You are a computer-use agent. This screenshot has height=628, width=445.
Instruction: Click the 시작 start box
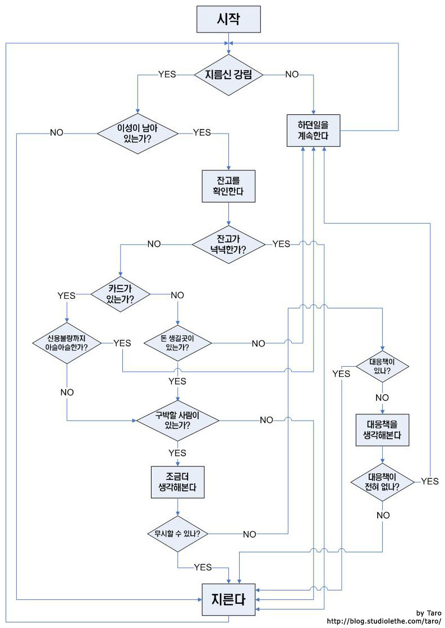pos(228,20)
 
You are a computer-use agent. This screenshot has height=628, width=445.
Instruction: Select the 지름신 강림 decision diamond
pos(228,75)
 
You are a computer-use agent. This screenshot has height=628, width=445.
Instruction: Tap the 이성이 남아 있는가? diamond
pos(137,133)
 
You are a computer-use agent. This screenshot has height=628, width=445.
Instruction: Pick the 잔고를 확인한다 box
pos(228,186)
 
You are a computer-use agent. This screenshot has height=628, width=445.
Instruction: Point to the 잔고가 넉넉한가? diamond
pos(228,244)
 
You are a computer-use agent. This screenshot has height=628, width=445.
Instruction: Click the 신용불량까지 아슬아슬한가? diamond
pos(67,343)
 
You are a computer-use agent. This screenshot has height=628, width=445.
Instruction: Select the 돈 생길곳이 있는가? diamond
pos(177,343)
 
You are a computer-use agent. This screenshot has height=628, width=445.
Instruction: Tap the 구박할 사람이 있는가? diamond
pos(178,421)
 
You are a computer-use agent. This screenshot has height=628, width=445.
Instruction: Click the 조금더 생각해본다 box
pos(177,482)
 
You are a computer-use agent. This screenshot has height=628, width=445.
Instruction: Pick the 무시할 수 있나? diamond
pos(177,533)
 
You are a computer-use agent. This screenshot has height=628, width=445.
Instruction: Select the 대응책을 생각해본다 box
pos(382,430)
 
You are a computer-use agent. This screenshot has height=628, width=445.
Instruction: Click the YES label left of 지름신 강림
pos(167,74)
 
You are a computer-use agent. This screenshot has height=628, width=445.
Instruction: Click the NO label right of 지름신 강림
pos(292,74)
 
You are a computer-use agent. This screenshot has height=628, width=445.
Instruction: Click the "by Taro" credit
pos(429,612)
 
